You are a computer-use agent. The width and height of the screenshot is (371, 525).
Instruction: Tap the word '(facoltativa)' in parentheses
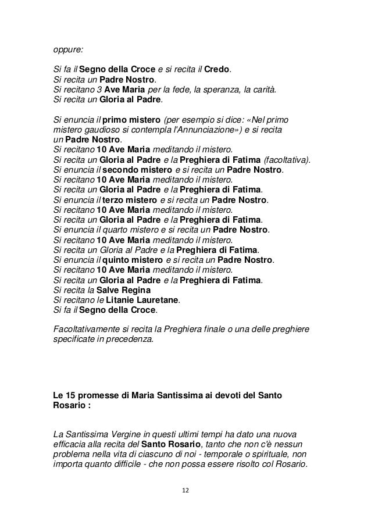(x=287, y=160)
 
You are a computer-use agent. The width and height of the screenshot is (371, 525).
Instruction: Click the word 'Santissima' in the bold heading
(x=169, y=395)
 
